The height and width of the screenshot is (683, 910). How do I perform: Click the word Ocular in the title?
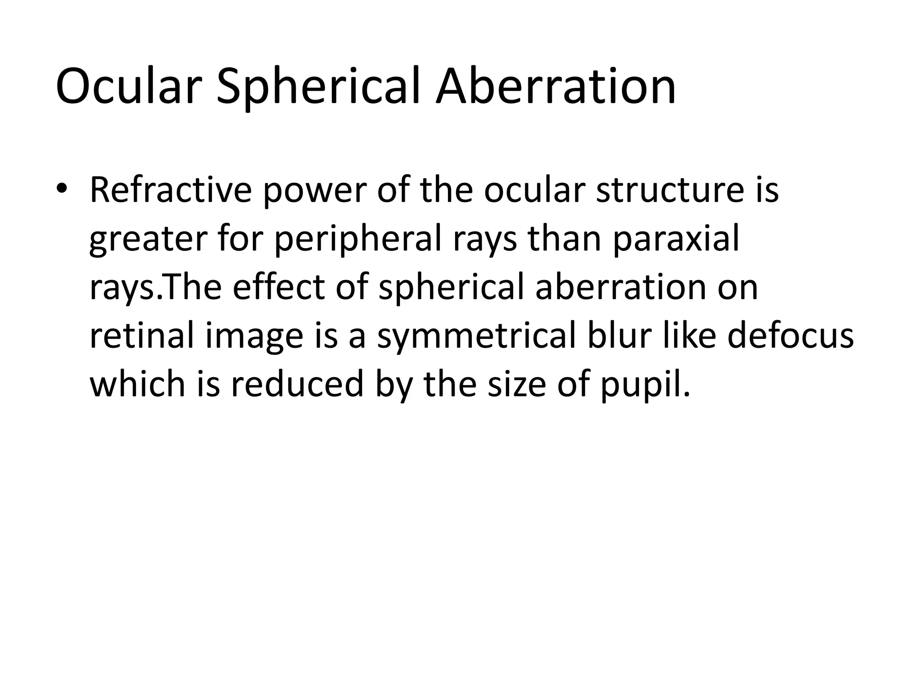[126, 87]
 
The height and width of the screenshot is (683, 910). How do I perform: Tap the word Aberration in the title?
[555, 87]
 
